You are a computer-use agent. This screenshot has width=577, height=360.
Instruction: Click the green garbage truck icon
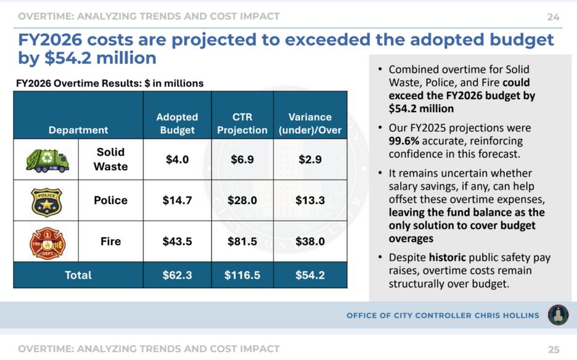[47, 160]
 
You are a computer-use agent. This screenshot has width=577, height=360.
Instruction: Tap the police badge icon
[46, 202]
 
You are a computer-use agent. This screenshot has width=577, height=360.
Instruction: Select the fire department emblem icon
[47, 243]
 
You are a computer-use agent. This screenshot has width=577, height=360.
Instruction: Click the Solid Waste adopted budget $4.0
[177, 160]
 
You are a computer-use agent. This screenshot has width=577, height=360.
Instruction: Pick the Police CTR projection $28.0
[242, 200]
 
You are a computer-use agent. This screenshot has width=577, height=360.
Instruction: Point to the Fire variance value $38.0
[310, 242]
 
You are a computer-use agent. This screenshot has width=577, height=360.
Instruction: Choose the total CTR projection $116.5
[242, 275]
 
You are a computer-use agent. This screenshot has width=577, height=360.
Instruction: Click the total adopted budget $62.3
[177, 275]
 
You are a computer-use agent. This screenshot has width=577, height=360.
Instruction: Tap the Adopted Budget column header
[177, 123]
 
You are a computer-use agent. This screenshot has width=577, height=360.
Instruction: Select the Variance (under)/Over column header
[310, 123]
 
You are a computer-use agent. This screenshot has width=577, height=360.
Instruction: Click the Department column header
[78, 130]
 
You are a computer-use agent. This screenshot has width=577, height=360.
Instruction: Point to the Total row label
[78, 275]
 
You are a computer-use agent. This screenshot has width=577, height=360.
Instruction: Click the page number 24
[553, 17]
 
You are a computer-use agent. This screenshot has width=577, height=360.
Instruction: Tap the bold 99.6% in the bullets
[404, 141]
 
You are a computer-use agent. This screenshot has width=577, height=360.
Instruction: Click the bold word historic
[447, 257]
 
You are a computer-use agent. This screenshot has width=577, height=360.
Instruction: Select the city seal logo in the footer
[559, 315]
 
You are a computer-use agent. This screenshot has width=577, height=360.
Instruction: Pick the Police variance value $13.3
[310, 200]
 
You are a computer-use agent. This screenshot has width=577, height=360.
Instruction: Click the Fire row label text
[110, 242]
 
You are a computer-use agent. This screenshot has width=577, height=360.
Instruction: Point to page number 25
[554, 350]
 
